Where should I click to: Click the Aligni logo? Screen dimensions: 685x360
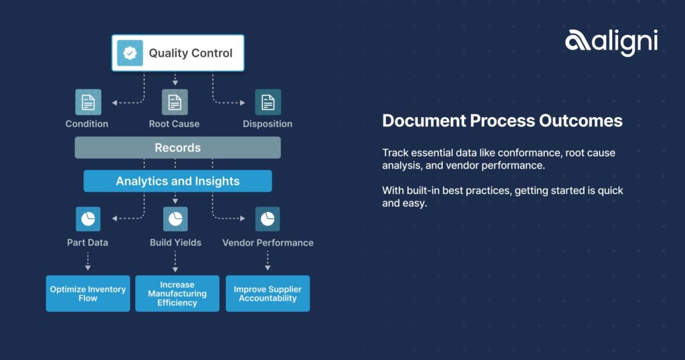tap(611, 42)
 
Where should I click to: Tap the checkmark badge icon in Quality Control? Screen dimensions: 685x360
tap(130, 53)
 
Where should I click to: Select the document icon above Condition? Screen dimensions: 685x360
tap(88, 102)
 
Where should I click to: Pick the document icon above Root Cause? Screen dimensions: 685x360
tap(175, 102)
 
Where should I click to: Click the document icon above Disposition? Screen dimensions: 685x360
tap(268, 102)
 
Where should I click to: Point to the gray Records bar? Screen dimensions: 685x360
tap(178, 148)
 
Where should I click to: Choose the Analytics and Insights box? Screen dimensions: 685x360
tap(178, 181)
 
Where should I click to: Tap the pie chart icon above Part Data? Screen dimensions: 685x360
tap(88, 219)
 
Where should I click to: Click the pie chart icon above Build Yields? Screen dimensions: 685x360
tap(175, 219)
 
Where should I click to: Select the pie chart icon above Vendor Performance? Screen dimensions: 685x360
tap(268, 219)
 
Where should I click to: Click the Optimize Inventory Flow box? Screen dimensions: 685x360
tap(88, 294)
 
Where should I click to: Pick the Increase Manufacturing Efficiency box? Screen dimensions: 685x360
tap(177, 294)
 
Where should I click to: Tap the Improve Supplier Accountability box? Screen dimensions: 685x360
tap(268, 294)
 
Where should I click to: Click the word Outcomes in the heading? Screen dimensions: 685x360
tap(581, 120)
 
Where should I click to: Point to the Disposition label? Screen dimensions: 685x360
tap(268, 124)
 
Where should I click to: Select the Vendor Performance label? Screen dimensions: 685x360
tap(268, 243)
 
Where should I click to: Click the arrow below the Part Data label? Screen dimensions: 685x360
tap(88, 261)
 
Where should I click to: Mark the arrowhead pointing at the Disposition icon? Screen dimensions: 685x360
tap(242, 102)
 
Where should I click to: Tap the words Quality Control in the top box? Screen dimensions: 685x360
tap(191, 53)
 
